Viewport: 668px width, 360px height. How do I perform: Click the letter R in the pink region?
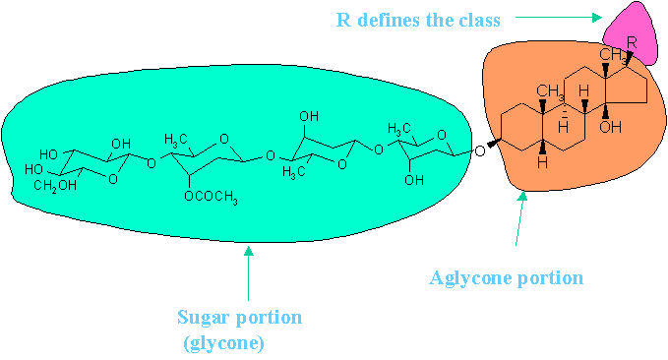coord(632,42)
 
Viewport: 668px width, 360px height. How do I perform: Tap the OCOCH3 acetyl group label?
coord(211,198)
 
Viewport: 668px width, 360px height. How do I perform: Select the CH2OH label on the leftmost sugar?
coord(55,186)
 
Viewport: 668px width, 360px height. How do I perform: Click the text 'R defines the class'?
coord(418,20)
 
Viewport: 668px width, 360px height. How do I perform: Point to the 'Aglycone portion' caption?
coord(506,278)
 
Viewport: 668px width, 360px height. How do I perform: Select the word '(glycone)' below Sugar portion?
coord(223,342)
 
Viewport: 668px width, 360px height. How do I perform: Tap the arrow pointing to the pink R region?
coord(559,18)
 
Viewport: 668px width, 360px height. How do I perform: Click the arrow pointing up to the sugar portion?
coord(248,273)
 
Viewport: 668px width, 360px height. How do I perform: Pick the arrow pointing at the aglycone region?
coord(520,219)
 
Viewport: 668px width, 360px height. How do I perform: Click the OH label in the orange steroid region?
coord(610,127)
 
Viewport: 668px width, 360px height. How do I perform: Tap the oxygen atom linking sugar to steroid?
coord(480,150)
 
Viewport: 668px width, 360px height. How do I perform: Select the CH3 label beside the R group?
coord(613,55)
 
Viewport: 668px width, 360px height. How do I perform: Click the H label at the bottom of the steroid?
coord(542,162)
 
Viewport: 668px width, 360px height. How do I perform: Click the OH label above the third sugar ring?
coord(309,116)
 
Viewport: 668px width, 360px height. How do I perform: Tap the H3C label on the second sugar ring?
coord(176,140)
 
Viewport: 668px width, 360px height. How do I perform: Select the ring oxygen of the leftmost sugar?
coord(113,179)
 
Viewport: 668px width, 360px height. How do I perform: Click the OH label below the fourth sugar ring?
coord(414,180)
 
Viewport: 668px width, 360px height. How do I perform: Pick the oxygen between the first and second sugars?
coord(152,163)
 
